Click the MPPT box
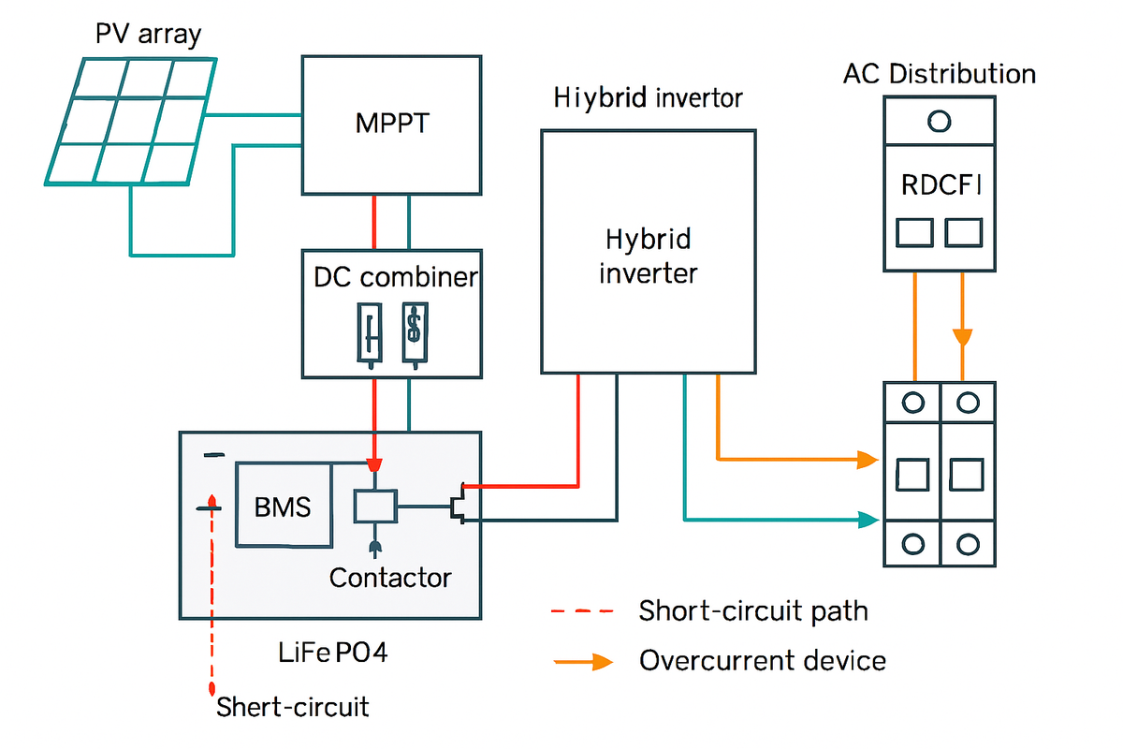(x=391, y=124)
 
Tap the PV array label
(x=149, y=36)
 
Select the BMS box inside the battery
(x=283, y=505)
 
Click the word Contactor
(x=390, y=578)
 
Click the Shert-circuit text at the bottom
(x=292, y=706)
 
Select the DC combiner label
(x=394, y=277)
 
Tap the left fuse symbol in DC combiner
(x=371, y=332)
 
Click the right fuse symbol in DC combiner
(x=413, y=332)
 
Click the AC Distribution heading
(x=940, y=74)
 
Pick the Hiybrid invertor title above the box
(x=648, y=97)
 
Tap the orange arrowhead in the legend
(x=602, y=662)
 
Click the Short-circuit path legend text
(x=753, y=611)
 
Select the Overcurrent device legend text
(x=762, y=661)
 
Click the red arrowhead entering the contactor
(x=374, y=465)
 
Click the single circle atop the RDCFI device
(x=938, y=121)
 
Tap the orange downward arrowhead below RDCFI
(x=961, y=336)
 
